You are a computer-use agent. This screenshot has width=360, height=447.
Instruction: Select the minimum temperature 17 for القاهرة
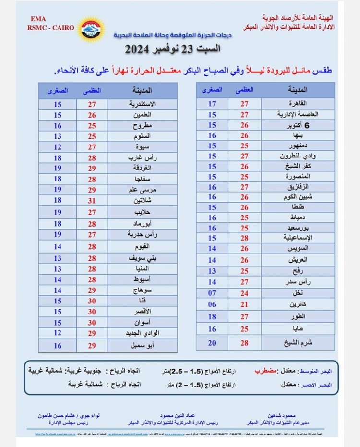click(x=212, y=104)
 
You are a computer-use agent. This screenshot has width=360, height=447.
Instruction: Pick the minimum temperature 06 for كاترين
click(x=212, y=304)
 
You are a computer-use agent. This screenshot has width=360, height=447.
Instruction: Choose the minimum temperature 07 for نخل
click(x=212, y=293)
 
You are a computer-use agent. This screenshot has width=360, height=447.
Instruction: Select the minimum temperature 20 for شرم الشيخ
click(x=212, y=342)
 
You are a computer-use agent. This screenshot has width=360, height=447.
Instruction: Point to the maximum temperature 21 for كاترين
click(x=245, y=304)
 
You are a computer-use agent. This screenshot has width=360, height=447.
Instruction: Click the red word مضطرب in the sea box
click(x=265, y=371)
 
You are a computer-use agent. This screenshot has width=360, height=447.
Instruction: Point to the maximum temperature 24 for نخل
click(x=245, y=293)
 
